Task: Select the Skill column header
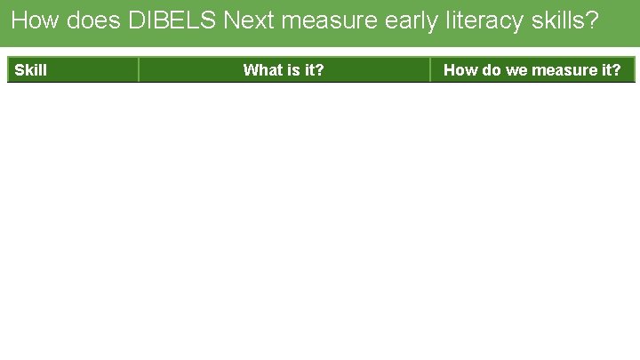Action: click(x=31, y=70)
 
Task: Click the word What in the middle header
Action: click(x=261, y=70)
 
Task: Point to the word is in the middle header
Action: click(x=292, y=70)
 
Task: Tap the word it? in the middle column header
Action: click(x=313, y=70)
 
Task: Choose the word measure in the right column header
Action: click(x=563, y=70)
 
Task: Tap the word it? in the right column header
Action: click(x=610, y=70)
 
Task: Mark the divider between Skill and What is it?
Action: click(x=139, y=70)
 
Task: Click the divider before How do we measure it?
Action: click(x=430, y=70)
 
